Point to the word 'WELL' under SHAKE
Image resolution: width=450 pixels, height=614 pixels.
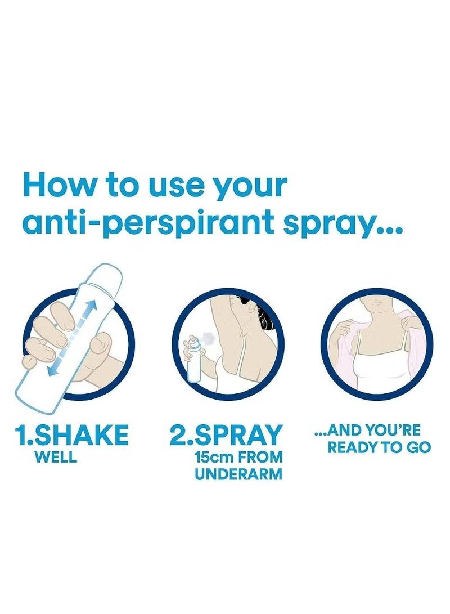point(56,457)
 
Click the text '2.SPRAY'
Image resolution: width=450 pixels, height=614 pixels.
point(226,436)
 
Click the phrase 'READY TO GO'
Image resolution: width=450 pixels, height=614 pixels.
point(380,449)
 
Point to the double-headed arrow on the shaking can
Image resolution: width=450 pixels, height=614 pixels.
point(70,338)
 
